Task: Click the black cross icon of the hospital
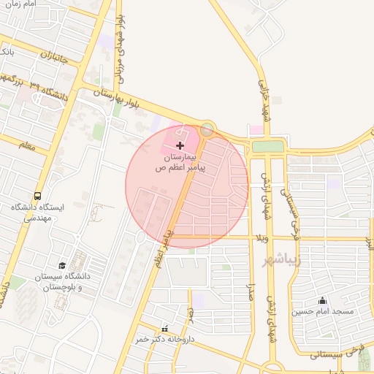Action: click(180, 146)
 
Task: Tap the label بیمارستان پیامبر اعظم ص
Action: click(180, 162)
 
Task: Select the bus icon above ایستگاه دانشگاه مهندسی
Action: click(37, 196)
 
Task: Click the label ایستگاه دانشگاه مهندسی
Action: click(38, 213)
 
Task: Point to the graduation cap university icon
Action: click(63, 265)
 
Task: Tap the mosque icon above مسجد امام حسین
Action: click(323, 300)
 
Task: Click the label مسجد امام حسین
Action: click(324, 312)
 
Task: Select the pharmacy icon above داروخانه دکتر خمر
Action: click(164, 329)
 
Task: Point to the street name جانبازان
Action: click(53, 54)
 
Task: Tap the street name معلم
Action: click(26, 145)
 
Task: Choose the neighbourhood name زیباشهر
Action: click(281, 261)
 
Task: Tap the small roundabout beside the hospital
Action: click(207, 130)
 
